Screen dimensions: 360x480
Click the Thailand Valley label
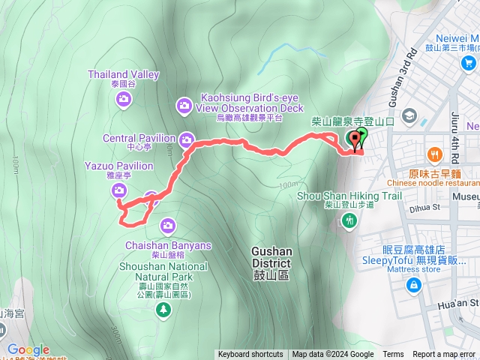coord(124,74)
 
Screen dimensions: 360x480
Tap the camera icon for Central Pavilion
coord(187,139)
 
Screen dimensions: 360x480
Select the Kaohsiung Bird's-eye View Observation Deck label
coord(239,103)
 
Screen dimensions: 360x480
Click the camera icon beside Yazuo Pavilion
coord(119,191)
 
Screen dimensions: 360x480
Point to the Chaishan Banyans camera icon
coord(167,224)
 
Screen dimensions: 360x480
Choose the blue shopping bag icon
coord(413,285)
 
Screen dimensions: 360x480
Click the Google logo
coord(28,349)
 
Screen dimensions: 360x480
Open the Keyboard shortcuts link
coord(250,355)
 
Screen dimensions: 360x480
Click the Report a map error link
coord(444,355)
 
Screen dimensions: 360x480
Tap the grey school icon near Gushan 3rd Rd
coord(409,116)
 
